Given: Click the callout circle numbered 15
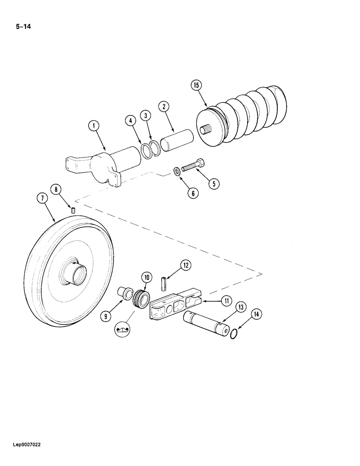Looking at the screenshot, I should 195,86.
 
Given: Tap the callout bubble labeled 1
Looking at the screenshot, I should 94,125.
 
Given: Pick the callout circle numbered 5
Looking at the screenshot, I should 213,184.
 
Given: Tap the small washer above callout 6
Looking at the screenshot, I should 177,171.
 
